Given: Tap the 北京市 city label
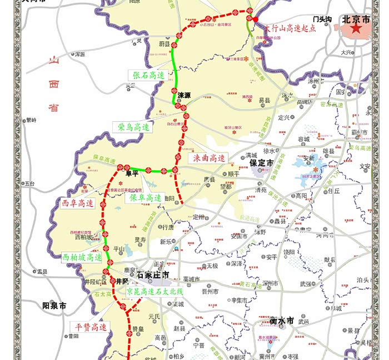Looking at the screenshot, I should click(356, 19).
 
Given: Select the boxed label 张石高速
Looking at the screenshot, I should click(148, 75).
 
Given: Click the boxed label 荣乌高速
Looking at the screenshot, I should click(133, 127).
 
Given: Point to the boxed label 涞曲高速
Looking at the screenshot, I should click(210, 159).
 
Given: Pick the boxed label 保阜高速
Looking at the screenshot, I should click(146, 198).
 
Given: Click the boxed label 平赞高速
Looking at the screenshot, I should click(91, 327).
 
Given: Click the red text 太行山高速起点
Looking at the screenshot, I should click(290, 28).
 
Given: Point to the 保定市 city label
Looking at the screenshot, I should click(261, 164).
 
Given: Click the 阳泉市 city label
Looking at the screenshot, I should click(54, 305).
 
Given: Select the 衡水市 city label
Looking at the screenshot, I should click(281, 321).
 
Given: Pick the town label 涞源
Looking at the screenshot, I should click(184, 95).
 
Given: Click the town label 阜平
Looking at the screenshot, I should click(132, 174).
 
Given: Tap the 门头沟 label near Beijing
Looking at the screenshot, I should click(322, 19).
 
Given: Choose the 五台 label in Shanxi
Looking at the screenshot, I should click(29, 183).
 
